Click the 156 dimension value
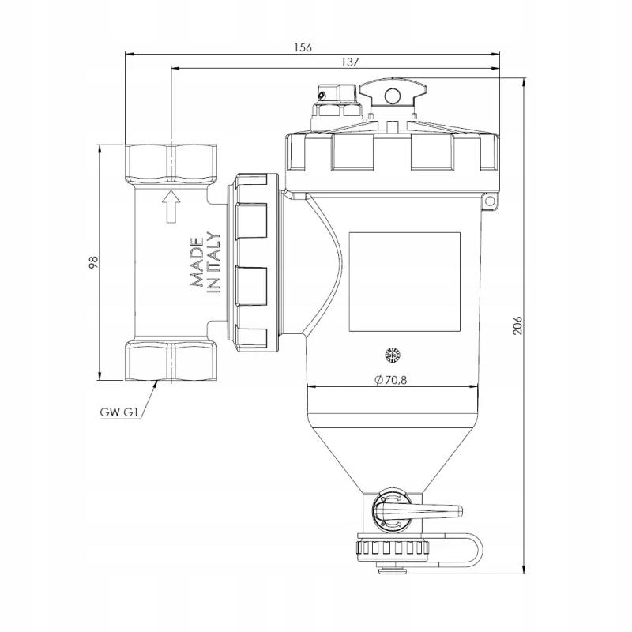303,47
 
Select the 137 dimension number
350,62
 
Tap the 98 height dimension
93,262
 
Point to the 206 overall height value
517,325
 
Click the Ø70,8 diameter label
390,380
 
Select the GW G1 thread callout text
119,412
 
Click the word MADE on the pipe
197,262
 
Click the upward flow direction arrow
171,206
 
